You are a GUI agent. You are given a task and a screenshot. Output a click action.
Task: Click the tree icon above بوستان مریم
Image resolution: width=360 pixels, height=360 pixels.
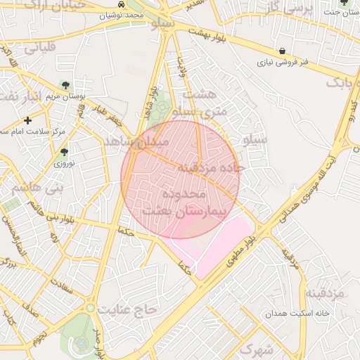tap(65, 86)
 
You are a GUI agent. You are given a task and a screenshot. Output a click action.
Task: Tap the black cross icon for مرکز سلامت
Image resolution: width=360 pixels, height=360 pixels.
tap(27, 120)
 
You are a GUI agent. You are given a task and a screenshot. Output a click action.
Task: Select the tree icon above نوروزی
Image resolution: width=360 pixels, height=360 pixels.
tap(64, 152)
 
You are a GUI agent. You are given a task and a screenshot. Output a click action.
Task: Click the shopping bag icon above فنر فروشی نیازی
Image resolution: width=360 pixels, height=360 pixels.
tap(282, 51)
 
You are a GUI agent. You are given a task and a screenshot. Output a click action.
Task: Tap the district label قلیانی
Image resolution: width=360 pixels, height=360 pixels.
tap(40, 48)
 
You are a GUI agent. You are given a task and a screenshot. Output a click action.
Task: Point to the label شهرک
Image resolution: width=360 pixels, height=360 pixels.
tap(255, 349)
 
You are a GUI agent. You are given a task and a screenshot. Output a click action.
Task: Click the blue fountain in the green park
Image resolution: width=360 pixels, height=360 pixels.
tap(82, 343)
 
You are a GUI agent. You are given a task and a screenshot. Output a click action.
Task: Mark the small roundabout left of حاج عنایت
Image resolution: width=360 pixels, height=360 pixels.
tap(90, 307)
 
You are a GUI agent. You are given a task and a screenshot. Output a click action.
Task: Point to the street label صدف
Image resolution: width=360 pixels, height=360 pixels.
tap(31, 310)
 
